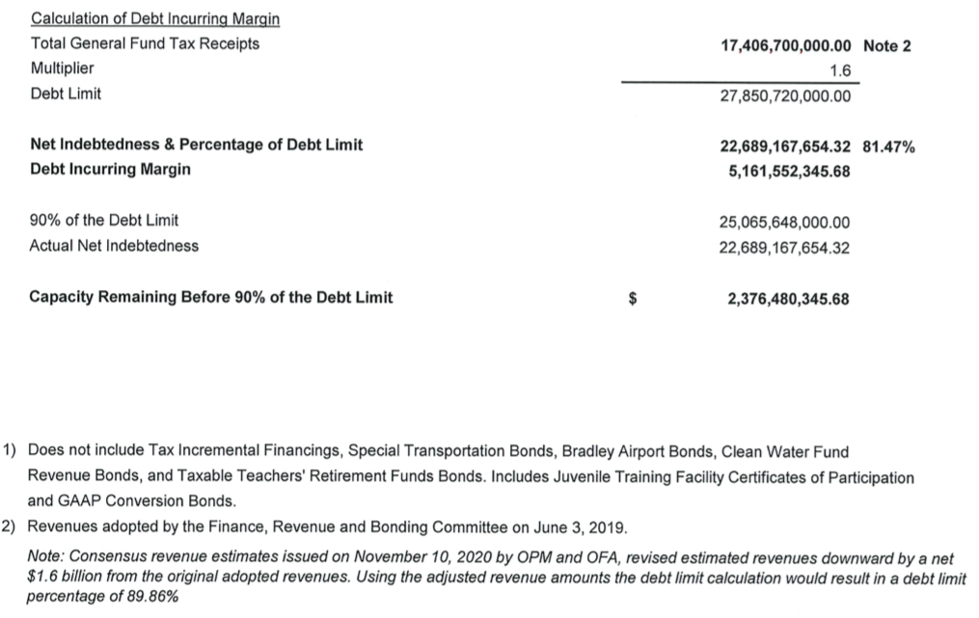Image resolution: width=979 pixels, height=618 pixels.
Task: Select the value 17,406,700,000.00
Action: (786, 45)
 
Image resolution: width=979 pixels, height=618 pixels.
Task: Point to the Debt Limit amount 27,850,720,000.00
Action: (786, 96)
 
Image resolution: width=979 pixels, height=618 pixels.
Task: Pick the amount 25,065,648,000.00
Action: (784, 222)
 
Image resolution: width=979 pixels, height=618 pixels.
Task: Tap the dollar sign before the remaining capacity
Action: (633, 298)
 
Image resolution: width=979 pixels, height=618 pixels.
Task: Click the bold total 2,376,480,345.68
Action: (788, 298)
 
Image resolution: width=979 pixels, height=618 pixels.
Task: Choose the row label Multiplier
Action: (63, 69)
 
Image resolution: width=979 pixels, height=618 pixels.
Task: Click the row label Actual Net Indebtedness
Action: (115, 246)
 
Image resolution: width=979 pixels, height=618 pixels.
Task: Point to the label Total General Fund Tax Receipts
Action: (145, 44)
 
